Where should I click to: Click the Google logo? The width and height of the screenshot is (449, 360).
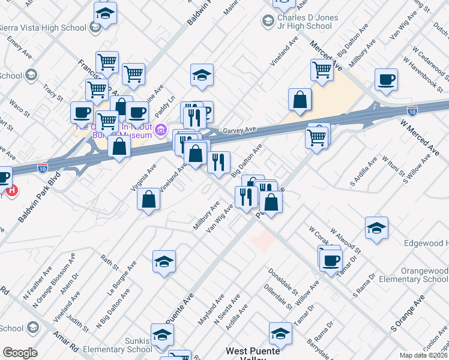click(20, 353)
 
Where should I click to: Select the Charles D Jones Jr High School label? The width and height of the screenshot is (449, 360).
click(304, 22)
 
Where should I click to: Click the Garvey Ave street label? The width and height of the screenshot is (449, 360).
click(240, 130)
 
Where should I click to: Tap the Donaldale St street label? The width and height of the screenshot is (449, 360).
click(283, 281)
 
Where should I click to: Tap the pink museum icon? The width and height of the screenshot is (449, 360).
click(160, 130)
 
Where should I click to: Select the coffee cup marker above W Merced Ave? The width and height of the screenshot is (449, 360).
click(385, 80)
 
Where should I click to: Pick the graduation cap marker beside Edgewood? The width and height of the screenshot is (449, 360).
click(376, 228)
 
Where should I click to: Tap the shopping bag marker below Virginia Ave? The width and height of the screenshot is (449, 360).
click(149, 200)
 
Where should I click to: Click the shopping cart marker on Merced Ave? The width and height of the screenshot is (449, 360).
click(322, 70)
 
